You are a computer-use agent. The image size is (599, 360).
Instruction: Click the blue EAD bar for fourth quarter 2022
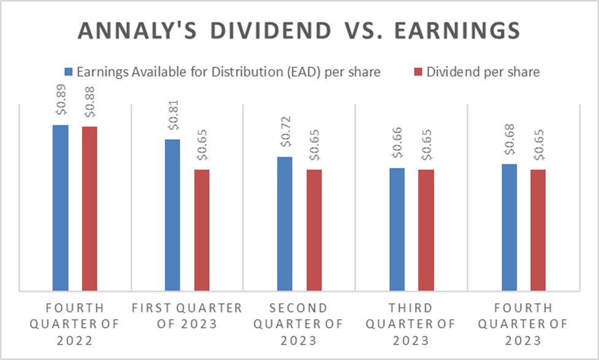(60, 207)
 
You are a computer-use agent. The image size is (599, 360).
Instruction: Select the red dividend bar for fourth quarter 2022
(90, 208)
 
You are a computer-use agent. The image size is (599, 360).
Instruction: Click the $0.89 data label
(59, 108)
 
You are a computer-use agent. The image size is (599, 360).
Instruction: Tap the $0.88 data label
(89, 109)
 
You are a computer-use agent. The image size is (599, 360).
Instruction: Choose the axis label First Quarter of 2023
(187, 315)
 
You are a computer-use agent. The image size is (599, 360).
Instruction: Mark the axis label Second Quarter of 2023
(299, 323)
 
